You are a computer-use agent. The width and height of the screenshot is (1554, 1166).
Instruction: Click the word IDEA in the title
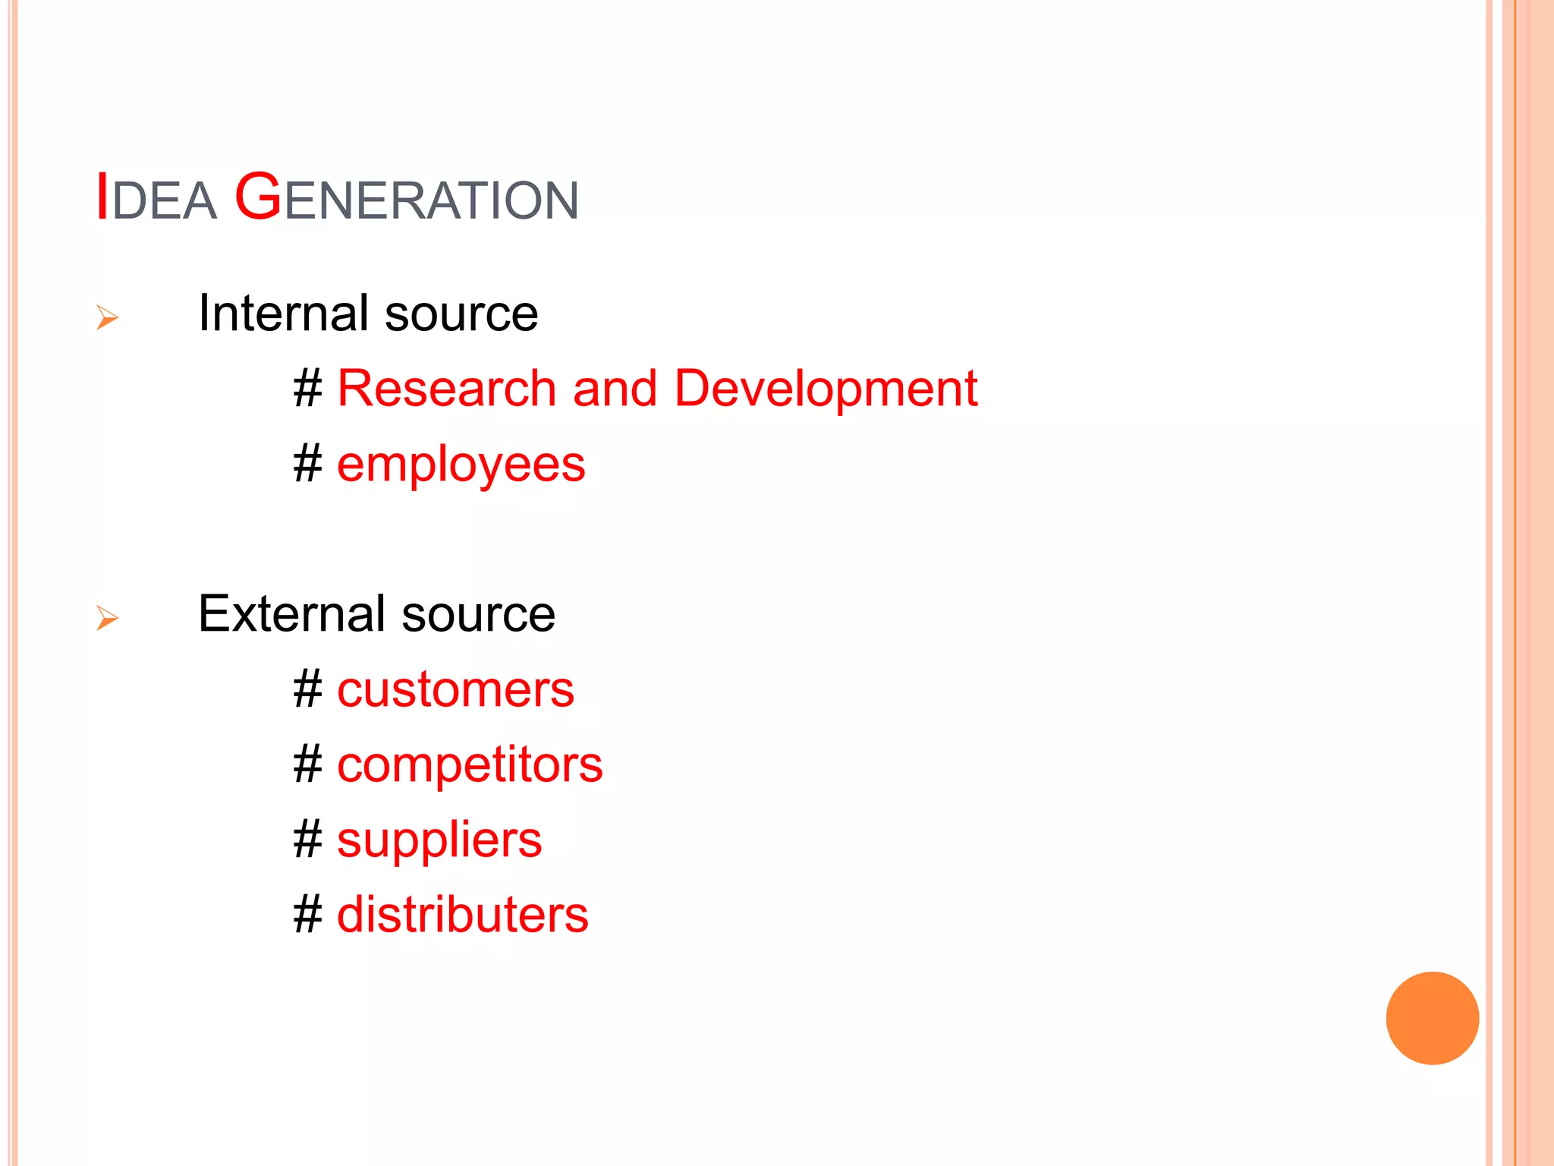tap(156, 199)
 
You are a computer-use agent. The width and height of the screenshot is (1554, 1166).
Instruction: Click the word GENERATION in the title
tap(407, 199)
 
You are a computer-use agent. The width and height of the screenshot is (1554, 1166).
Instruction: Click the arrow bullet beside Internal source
tap(107, 317)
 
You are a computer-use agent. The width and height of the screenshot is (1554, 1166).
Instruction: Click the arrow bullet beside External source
tap(107, 618)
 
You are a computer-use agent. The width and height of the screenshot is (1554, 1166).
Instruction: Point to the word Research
tap(446, 389)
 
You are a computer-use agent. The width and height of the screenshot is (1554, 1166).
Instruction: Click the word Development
tap(826, 389)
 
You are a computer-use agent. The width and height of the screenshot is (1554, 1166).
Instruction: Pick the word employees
tap(461, 466)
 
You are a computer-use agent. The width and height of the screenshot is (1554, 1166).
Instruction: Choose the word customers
tap(455, 690)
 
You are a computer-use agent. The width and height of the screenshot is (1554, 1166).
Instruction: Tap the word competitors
tap(470, 764)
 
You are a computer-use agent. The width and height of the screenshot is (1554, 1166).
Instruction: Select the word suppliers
tap(439, 841)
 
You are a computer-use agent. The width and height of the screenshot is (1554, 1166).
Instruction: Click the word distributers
tap(462, 915)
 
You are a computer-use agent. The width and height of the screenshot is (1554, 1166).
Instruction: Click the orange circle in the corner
tap(1432, 1018)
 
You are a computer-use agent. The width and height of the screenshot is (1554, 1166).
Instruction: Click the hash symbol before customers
tap(308, 689)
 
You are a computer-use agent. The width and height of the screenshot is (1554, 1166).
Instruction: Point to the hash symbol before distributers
tap(308, 914)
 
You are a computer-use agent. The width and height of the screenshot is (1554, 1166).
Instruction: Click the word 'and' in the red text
tap(615, 389)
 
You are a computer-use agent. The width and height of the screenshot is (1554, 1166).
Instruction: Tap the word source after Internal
tap(461, 314)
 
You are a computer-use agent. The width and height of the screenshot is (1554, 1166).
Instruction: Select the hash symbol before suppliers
tap(308, 840)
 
